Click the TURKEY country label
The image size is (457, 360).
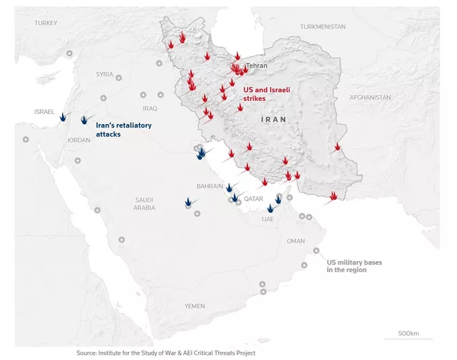(x=46, y=22)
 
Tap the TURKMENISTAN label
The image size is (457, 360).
(x=323, y=27)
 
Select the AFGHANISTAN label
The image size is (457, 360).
(x=370, y=97)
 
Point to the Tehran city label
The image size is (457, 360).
(x=256, y=66)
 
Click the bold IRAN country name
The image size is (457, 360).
(x=274, y=119)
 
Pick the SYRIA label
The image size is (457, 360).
(x=104, y=74)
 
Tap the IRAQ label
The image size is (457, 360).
(x=150, y=108)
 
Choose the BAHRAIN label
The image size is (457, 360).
(x=209, y=186)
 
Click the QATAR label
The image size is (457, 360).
(x=253, y=198)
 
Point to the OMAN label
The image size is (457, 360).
(x=296, y=241)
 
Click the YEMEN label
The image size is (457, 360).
(x=194, y=306)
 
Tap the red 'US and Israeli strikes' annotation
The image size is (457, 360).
(x=263, y=94)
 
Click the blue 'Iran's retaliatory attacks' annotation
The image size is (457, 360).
(x=123, y=130)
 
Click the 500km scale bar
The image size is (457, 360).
(x=408, y=337)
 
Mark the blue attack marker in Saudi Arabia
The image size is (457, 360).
(x=188, y=202)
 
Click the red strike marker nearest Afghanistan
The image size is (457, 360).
(x=337, y=147)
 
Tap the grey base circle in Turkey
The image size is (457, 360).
(x=69, y=54)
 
